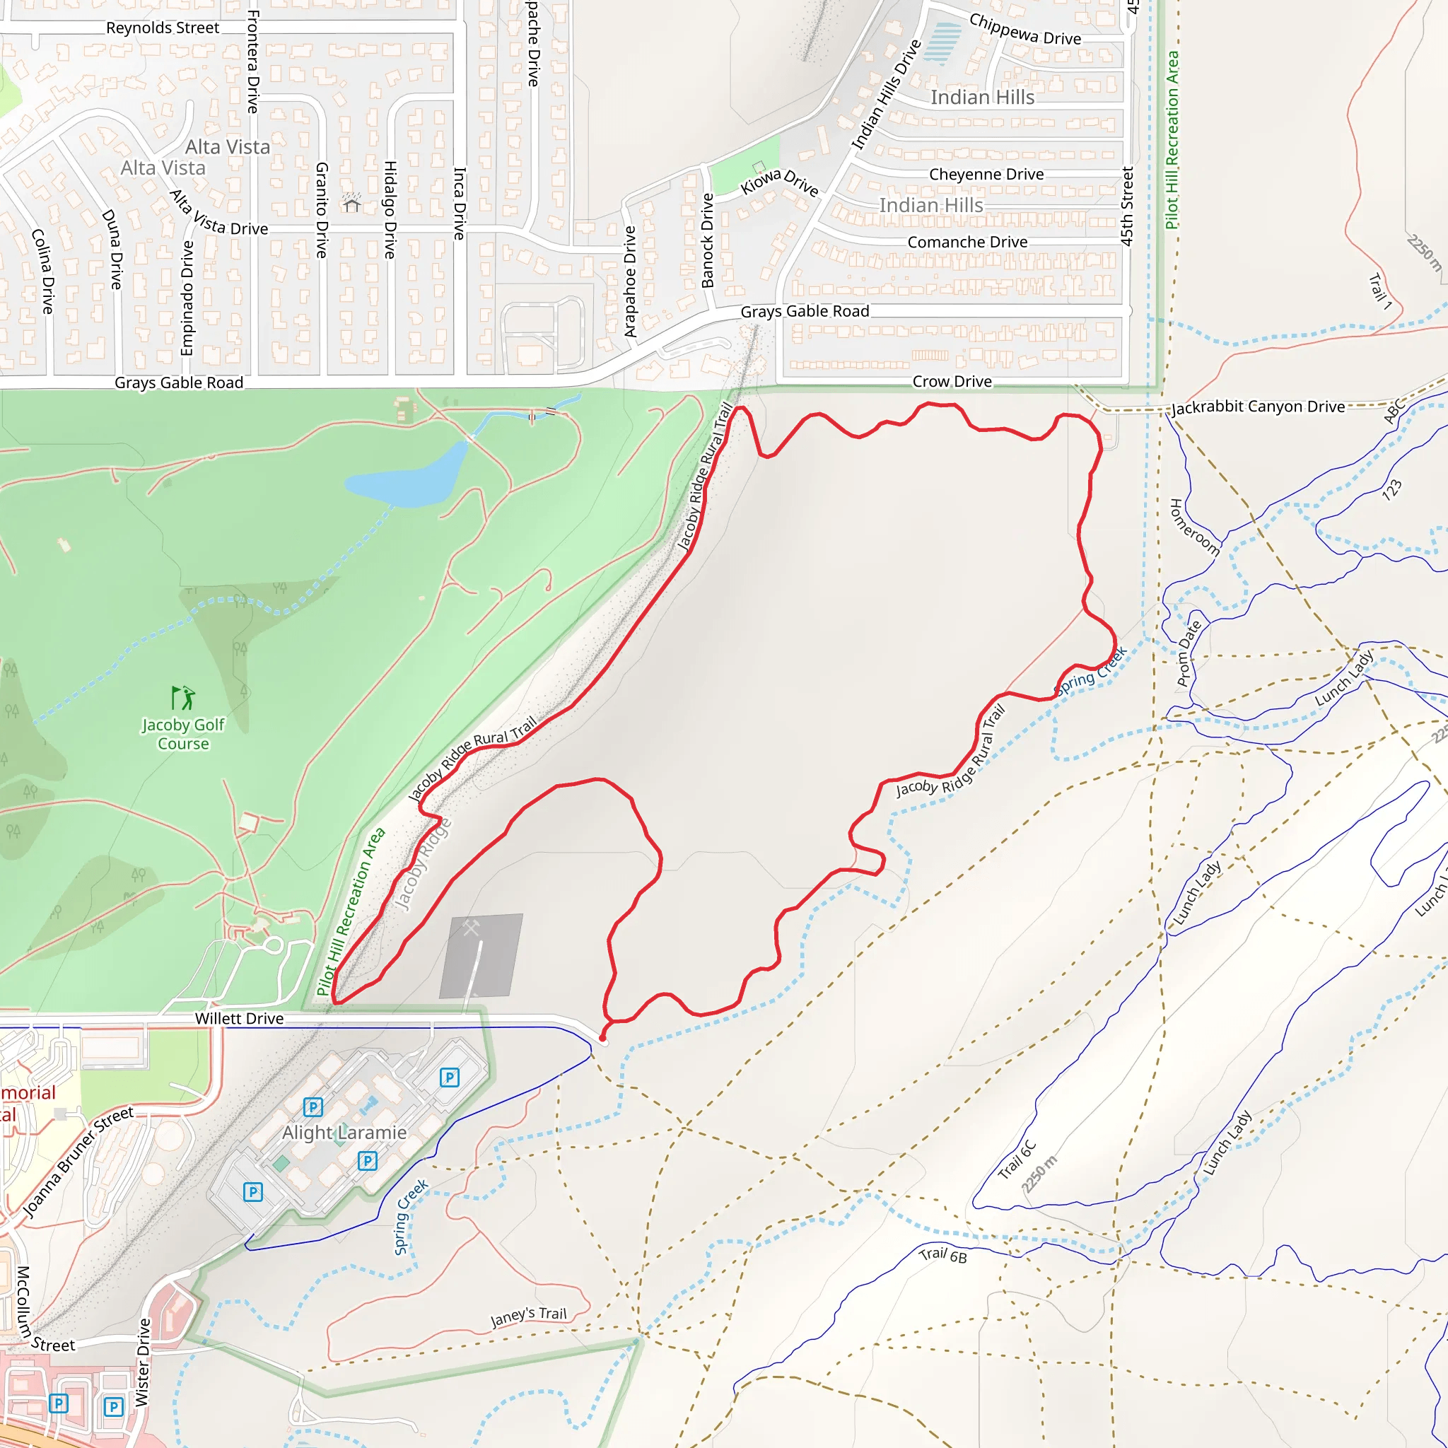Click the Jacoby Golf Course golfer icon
[x=183, y=698]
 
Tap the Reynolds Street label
[x=163, y=28]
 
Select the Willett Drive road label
[x=239, y=1019]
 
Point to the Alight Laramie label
[x=344, y=1133]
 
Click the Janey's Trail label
[x=528, y=1316]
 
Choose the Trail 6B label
[x=943, y=1255]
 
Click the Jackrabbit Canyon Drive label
[x=1259, y=407]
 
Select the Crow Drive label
[x=952, y=382]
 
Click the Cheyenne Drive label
[x=986, y=174]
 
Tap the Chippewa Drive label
[x=1024, y=29]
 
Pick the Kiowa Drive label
[x=779, y=182]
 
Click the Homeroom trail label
[x=1195, y=527]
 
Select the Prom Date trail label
[x=1189, y=653]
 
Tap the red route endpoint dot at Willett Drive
[x=602, y=1039]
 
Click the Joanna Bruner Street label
[x=78, y=1163]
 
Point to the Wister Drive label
[x=142, y=1363]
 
